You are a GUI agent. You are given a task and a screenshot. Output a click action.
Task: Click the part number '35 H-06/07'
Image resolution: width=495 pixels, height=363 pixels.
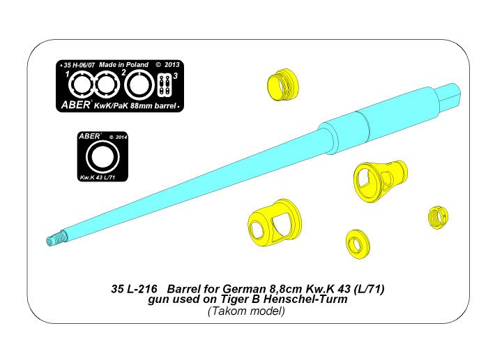tap(77, 64)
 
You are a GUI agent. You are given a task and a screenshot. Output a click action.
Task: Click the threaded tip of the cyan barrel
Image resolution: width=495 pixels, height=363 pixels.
tap(55, 239)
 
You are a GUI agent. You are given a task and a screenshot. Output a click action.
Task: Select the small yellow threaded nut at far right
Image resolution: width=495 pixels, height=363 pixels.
tap(436, 216)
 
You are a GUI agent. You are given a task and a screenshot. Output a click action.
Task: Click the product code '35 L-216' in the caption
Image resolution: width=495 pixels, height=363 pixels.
tap(131, 288)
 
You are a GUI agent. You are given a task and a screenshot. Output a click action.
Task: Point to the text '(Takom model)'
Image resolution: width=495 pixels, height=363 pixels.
tap(246, 311)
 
